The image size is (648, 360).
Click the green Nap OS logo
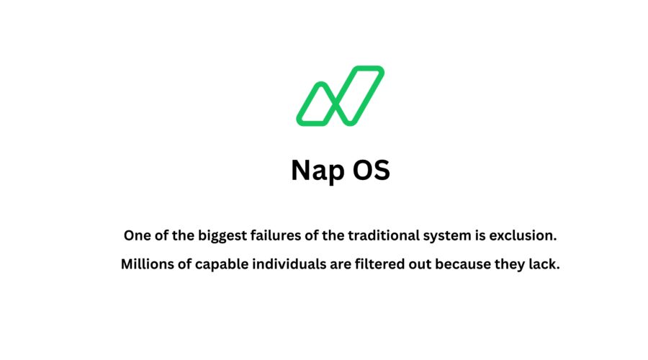pos(340,96)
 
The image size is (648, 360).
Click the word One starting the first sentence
pos(137,235)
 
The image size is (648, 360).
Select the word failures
pos(272,235)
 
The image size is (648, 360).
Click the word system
pos(440,235)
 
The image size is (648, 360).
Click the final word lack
pos(546,264)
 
